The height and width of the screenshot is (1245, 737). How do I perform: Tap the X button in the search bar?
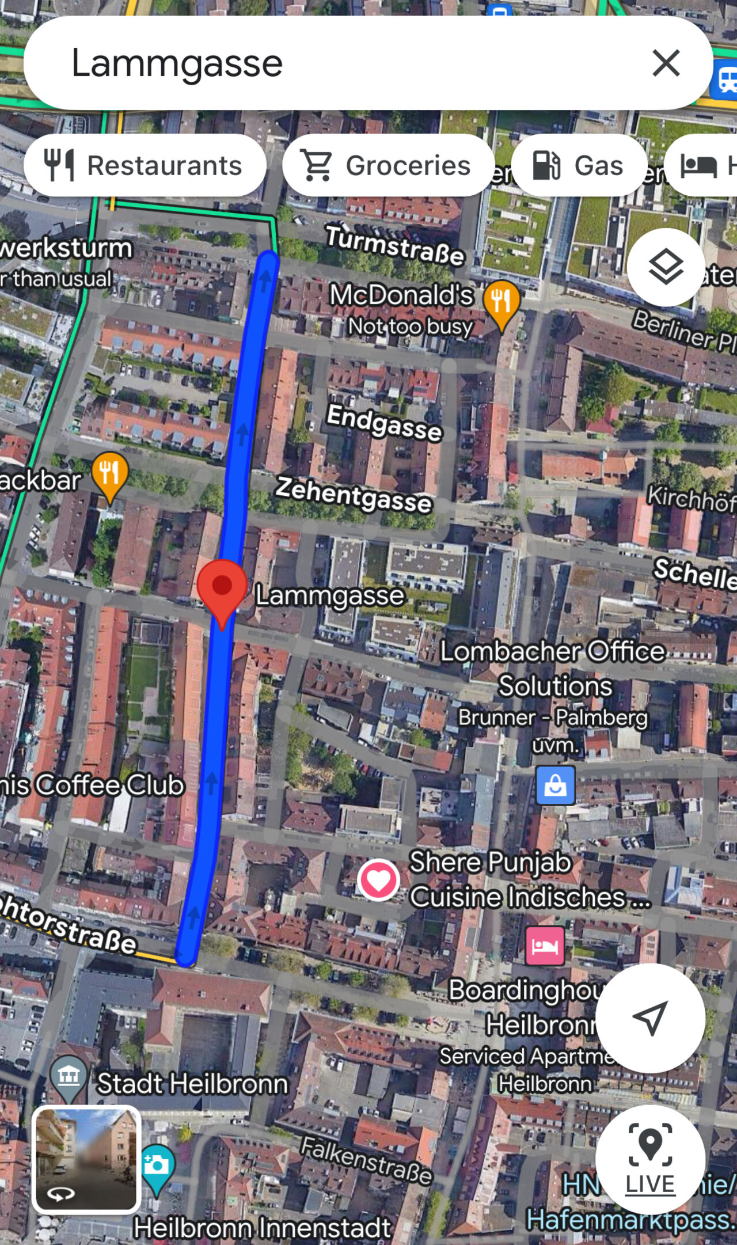(x=666, y=63)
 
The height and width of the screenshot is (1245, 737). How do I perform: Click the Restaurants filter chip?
(x=145, y=165)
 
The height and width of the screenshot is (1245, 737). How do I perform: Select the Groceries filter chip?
(x=388, y=165)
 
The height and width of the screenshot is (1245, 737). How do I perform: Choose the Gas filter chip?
(x=578, y=165)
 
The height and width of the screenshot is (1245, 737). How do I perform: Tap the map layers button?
(x=666, y=267)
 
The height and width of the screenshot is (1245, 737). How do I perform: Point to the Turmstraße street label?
(x=395, y=245)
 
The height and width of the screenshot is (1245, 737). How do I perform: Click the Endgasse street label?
(x=384, y=422)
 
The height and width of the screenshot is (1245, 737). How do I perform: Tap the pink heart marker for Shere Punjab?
(x=378, y=879)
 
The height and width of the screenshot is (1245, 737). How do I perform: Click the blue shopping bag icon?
(x=556, y=785)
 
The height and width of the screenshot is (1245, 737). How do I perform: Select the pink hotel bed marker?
(x=545, y=946)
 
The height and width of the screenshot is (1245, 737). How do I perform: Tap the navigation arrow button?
(x=650, y=1018)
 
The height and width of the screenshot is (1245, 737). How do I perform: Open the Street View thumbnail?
(x=86, y=1159)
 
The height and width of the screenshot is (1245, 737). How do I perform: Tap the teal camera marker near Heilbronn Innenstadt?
(x=156, y=1166)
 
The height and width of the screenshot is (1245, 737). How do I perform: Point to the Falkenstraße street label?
(x=366, y=1160)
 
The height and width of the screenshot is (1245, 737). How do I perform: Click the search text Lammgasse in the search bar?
(x=177, y=63)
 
